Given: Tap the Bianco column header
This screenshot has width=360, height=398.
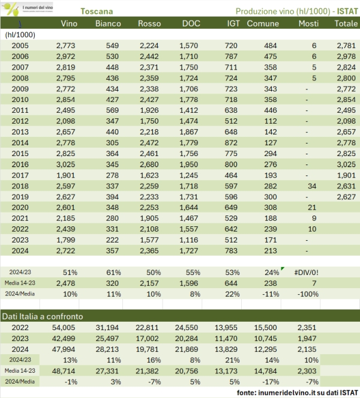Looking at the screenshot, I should (x=108, y=23).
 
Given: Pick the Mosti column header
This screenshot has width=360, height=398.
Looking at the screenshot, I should (x=310, y=23).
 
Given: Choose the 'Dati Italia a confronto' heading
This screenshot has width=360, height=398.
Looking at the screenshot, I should (x=44, y=316).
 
